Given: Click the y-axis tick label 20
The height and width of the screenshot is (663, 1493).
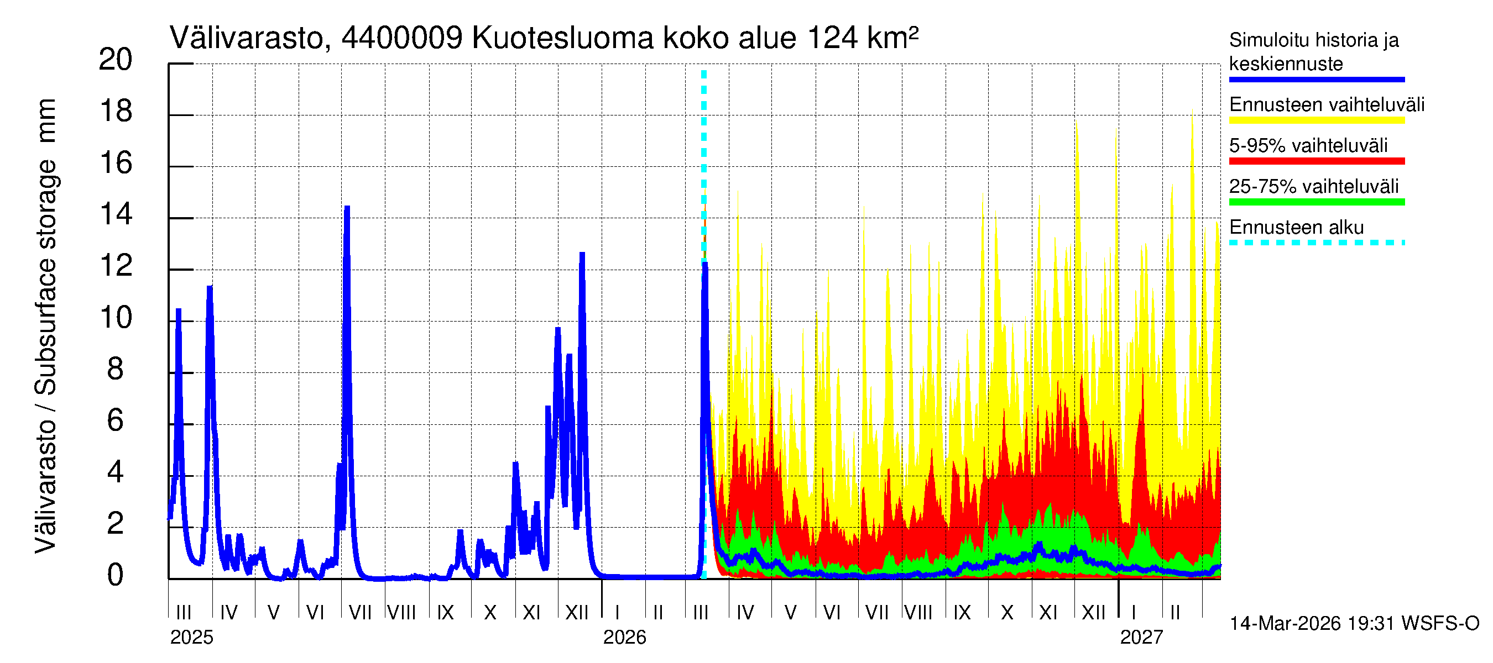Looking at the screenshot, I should (116, 60).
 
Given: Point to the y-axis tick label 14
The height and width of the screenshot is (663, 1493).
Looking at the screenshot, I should (116, 215).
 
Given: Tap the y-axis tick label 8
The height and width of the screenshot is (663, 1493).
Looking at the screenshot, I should (116, 370).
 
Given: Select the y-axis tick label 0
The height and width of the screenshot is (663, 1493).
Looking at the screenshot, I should (116, 576).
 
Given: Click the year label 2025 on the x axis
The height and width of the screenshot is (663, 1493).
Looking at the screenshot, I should (191, 638).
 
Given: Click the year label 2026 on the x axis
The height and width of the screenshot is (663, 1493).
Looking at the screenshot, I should (624, 638).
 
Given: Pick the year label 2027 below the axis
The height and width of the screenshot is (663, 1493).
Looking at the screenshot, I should (1141, 638).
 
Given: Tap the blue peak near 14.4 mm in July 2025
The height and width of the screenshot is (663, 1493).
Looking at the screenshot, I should (347, 207).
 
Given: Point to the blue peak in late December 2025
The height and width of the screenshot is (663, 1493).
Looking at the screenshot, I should (582, 254).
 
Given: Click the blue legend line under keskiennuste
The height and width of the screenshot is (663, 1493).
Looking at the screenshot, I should (1316, 80).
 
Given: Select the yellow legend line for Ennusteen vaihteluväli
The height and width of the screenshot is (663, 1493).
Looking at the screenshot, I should (1316, 120).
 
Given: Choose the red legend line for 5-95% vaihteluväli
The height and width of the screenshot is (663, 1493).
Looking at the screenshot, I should (1316, 161).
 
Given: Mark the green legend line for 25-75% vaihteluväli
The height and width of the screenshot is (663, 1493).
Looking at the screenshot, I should (1316, 202).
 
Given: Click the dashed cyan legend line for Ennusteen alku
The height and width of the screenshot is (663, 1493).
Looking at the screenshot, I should (1316, 243).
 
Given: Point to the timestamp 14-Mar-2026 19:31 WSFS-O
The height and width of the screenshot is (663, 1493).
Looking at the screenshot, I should (1354, 624).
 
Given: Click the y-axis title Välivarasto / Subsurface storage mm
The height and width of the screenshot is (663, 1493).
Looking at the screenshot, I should (46, 326).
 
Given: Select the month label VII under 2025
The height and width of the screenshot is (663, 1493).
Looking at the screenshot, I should (359, 613).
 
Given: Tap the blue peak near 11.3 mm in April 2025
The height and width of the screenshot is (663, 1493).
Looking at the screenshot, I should (209, 287).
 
